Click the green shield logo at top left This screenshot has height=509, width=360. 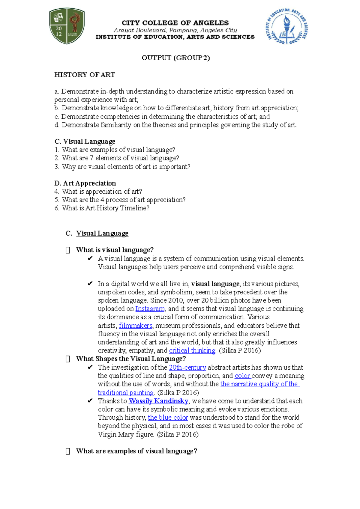coord(67,26)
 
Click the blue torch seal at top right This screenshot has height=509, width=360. coord(286,26)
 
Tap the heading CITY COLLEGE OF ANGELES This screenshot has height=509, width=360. coord(175,23)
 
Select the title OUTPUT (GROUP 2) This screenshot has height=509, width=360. coord(175,58)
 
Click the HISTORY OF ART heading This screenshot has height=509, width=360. coord(85,75)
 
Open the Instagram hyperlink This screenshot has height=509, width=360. coord(150,309)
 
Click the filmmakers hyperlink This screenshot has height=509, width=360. coord(136,326)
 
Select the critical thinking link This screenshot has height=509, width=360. coord(192,350)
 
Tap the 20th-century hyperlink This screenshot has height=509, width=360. coord(187,368)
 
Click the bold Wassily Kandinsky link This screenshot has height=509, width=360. coord(158,401)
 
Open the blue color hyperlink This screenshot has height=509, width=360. coord(168,418)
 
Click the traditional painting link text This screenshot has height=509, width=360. coord(125,393)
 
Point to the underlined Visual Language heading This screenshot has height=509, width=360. coord(102,233)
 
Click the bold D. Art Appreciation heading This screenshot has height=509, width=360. coord(85,183)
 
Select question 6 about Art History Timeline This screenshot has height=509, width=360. coord(102,208)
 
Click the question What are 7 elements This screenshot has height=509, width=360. coord(117,158)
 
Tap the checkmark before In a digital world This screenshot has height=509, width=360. coord(90,284)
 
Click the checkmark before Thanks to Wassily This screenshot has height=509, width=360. coord(90,401)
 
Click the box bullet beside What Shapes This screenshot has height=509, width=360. coord(68,359)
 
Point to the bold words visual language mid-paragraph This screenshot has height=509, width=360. coord(215,284)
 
